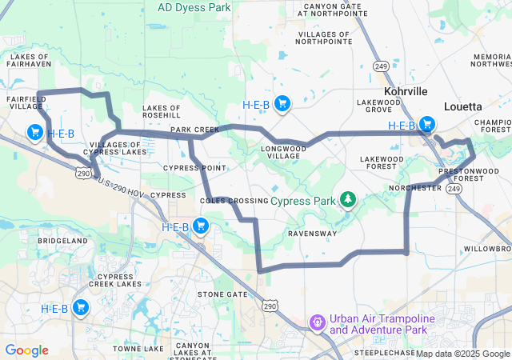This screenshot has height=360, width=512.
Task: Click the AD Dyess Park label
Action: click(x=195, y=6)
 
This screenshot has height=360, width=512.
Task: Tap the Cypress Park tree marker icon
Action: click(x=348, y=198)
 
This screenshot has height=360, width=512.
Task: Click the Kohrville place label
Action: click(x=407, y=92)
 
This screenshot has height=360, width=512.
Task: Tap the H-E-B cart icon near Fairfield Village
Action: click(x=34, y=132)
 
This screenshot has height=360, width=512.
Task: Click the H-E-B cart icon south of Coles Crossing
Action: click(x=201, y=227)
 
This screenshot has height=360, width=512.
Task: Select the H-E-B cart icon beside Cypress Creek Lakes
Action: click(x=81, y=308)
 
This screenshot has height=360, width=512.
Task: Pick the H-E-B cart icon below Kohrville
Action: click(x=427, y=125)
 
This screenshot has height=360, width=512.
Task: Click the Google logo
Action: click(x=26, y=350)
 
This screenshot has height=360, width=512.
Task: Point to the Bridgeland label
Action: click(x=62, y=240)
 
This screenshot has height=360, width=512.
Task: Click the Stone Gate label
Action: click(x=222, y=294)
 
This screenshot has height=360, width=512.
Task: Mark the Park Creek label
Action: click(x=194, y=129)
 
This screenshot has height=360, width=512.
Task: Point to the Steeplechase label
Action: click(x=385, y=352)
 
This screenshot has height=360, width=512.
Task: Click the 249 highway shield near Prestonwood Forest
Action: click(x=454, y=188)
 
